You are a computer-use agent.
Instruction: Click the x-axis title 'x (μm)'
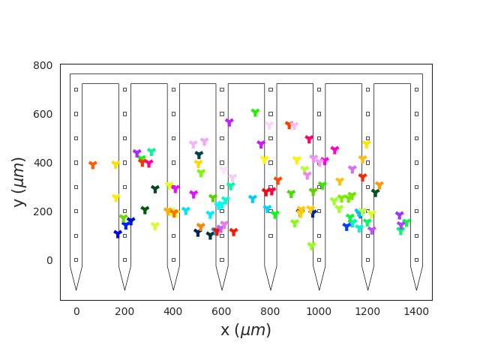click(x=245, y=330)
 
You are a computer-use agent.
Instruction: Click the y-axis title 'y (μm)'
click(x=19, y=181)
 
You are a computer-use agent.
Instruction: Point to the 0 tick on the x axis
click(x=76, y=311)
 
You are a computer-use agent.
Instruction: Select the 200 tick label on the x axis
click(x=124, y=311)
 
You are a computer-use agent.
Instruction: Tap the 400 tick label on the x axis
click(x=173, y=311)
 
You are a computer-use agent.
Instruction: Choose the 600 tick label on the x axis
click(x=222, y=311)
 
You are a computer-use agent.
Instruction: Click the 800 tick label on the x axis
click(x=270, y=311)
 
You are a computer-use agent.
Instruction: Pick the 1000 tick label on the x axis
click(x=319, y=311)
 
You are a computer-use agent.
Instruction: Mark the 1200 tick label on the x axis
click(x=367, y=311)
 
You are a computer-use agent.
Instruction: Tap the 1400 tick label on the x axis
click(x=416, y=311)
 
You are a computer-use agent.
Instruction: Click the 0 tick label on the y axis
click(x=49, y=260)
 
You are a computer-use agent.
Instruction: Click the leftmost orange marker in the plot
click(x=93, y=165)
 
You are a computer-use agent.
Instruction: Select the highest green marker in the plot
click(x=255, y=112)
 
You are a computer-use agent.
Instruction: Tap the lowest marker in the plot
click(x=311, y=246)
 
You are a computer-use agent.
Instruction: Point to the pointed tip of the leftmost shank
click(x=76, y=290)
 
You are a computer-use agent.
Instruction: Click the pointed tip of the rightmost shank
click(x=416, y=290)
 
